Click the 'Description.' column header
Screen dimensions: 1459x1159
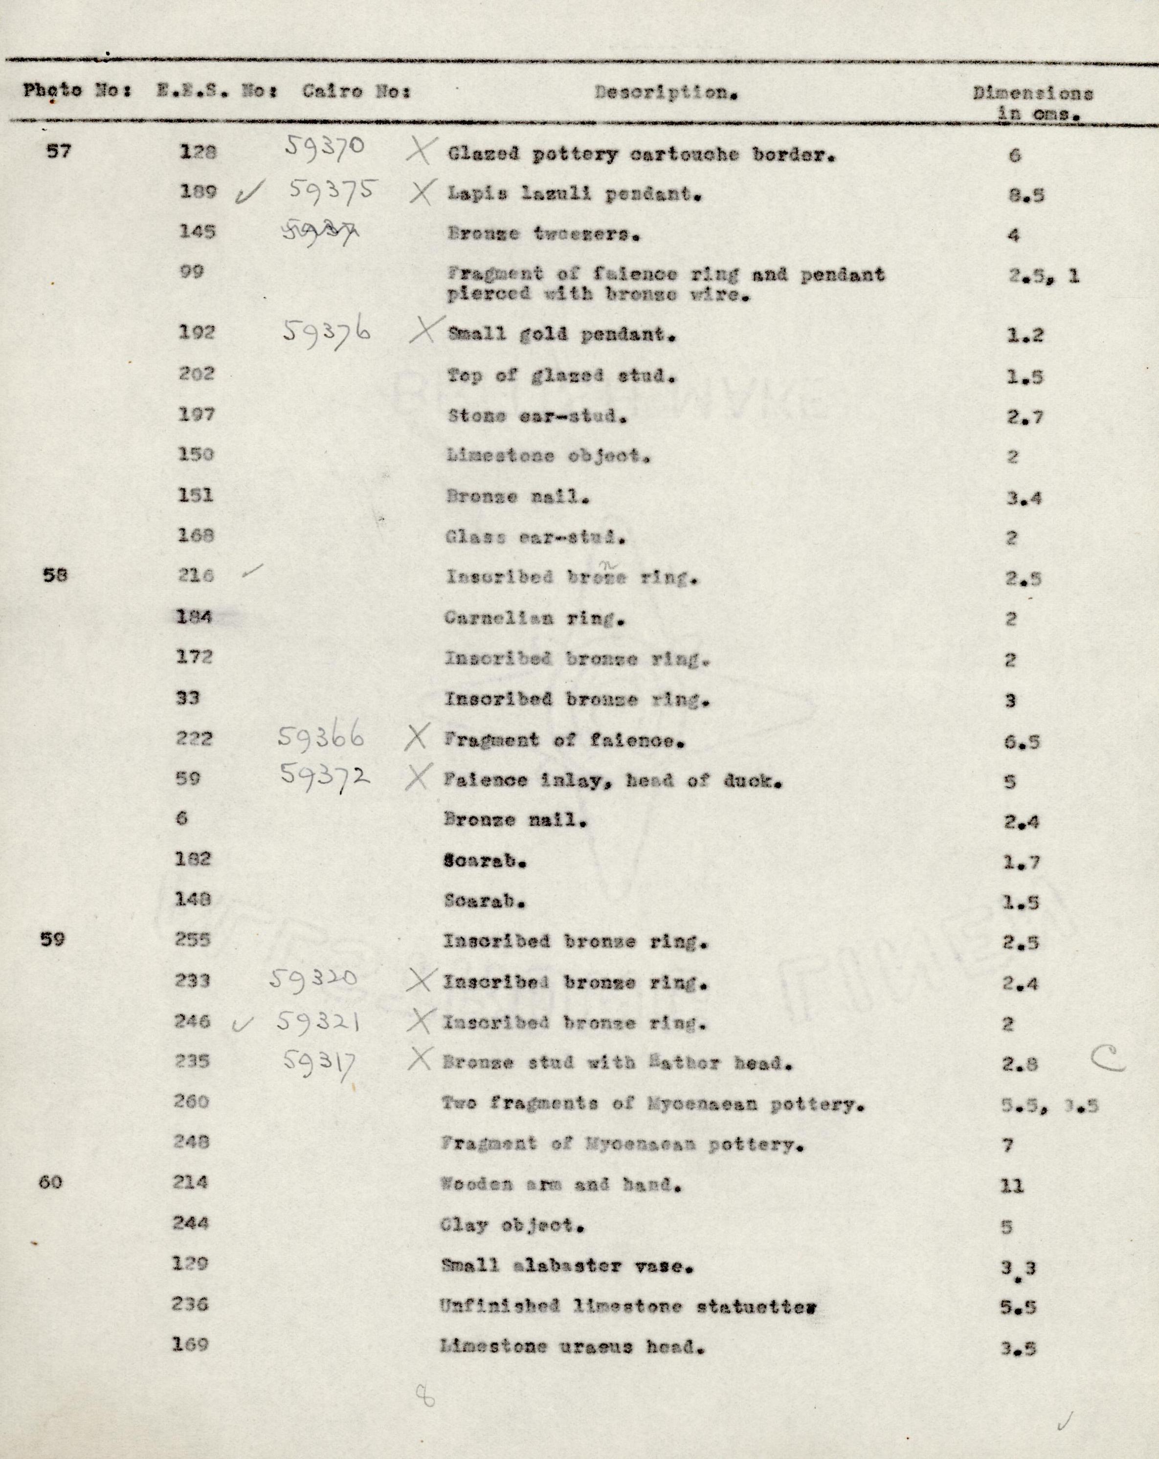tap(666, 93)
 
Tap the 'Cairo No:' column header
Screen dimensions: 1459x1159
tap(356, 91)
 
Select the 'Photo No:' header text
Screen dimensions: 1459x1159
tap(80, 90)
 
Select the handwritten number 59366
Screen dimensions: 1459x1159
tap(321, 737)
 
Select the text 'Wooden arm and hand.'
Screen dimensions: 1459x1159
tap(560, 1184)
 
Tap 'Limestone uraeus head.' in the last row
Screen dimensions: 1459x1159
tap(572, 1346)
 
